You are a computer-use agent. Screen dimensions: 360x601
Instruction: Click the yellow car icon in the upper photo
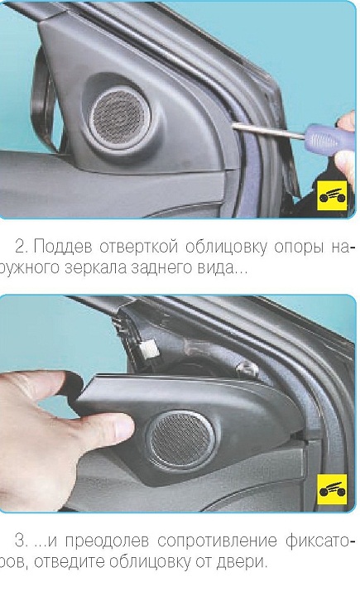pyautogui.click(x=333, y=195)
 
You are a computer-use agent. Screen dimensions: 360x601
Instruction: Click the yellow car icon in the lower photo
pyautogui.click(x=333, y=489)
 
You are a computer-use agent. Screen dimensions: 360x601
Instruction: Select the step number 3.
pyautogui.click(x=21, y=541)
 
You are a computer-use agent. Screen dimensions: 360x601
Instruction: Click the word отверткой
pyautogui.click(x=139, y=248)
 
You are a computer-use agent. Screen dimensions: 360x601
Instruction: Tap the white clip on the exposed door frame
pyautogui.click(x=148, y=348)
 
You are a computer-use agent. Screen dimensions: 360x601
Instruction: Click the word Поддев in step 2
pyautogui.click(x=63, y=248)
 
